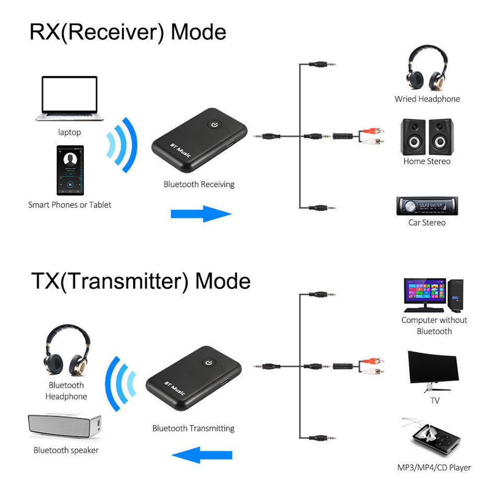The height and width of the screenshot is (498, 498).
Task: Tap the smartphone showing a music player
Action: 70,170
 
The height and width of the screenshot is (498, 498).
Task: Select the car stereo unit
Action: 426,206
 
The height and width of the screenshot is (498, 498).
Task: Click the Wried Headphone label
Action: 427,99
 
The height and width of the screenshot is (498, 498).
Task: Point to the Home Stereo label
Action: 426,162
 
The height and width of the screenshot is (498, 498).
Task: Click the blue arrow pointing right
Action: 201,214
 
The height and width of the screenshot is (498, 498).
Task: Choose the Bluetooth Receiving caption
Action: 199,184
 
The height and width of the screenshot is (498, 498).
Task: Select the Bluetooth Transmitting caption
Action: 193,428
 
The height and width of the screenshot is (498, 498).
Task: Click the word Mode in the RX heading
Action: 198,32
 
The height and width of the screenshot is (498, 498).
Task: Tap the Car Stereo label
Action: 426,223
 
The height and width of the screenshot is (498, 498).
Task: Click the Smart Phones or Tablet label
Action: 70,205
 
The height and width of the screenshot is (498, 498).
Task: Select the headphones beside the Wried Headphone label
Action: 426,70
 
